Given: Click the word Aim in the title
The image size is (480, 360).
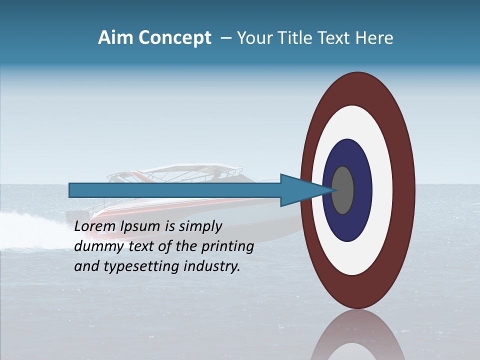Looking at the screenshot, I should (116, 38).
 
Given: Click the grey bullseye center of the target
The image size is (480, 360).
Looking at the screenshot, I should (343, 190).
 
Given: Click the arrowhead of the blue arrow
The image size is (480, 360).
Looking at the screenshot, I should (300, 190).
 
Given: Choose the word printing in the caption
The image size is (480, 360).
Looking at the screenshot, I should (227, 247).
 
